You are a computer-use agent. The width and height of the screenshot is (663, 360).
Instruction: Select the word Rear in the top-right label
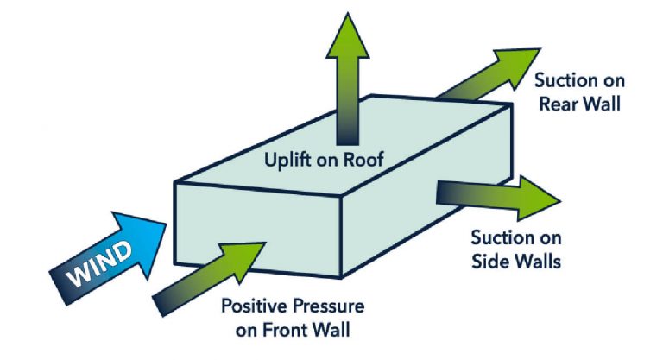[x=561, y=104]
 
